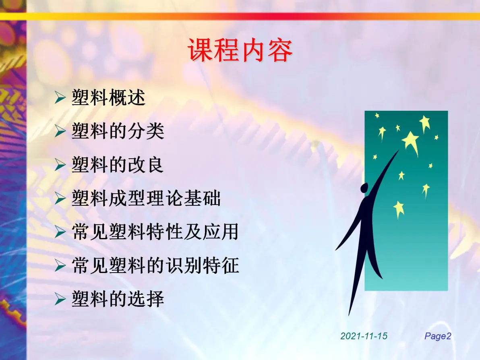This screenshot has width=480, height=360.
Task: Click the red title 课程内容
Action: click(240, 50)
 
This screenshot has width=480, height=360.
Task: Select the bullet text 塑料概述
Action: click(108, 98)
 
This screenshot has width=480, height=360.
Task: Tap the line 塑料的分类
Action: click(118, 131)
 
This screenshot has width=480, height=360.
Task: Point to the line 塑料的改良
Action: click(118, 165)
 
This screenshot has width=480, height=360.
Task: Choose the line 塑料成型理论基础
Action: click(146, 198)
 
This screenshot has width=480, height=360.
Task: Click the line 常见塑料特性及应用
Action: click(155, 232)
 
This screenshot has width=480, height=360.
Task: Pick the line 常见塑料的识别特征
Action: click(155, 265)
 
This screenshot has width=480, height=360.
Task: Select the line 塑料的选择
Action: click(118, 299)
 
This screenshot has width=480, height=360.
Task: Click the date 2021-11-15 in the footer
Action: click(364, 336)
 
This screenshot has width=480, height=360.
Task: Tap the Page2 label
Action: click(438, 336)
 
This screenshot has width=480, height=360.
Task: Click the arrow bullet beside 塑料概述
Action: click(60, 98)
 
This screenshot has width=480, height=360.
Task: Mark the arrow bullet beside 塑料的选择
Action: click(60, 299)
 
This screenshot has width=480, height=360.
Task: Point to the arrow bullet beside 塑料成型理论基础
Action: click(60, 198)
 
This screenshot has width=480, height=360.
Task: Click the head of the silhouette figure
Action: click(364, 188)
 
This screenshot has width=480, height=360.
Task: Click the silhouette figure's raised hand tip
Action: click(399, 151)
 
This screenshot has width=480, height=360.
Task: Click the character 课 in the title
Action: click(201, 50)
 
